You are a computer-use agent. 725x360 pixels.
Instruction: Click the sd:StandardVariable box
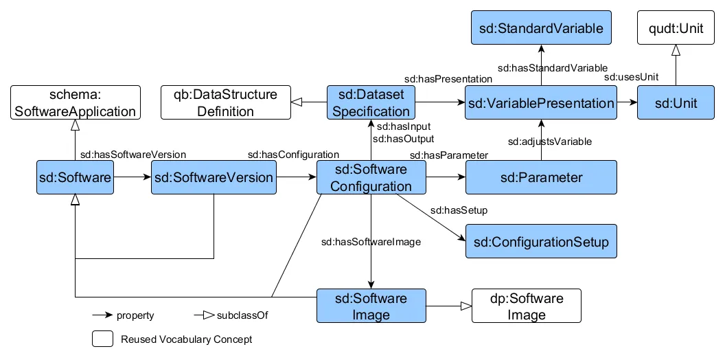click(541, 28)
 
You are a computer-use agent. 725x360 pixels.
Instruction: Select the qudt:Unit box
click(676, 28)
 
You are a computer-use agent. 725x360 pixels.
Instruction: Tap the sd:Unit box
click(676, 104)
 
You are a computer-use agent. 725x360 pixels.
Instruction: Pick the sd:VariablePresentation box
click(541, 104)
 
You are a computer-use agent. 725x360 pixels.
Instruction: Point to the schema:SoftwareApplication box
click(75, 103)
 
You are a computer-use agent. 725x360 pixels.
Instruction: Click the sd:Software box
click(75, 178)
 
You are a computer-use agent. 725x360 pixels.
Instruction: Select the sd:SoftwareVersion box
click(214, 178)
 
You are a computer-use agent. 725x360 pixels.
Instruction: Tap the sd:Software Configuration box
click(371, 178)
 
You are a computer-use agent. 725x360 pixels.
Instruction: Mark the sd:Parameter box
click(541, 178)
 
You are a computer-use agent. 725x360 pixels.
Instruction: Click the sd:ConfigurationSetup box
click(541, 242)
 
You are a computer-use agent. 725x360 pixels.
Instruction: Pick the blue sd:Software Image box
click(371, 306)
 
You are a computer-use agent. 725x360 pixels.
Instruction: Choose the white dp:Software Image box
click(527, 306)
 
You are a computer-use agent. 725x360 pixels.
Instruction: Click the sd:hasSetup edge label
click(459, 210)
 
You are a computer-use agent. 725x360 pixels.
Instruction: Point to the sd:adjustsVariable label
click(550, 142)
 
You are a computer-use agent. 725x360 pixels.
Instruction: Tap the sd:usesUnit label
click(627, 78)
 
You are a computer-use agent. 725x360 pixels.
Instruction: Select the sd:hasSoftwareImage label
click(371, 242)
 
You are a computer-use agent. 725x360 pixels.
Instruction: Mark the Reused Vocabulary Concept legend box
click(102, 339)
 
